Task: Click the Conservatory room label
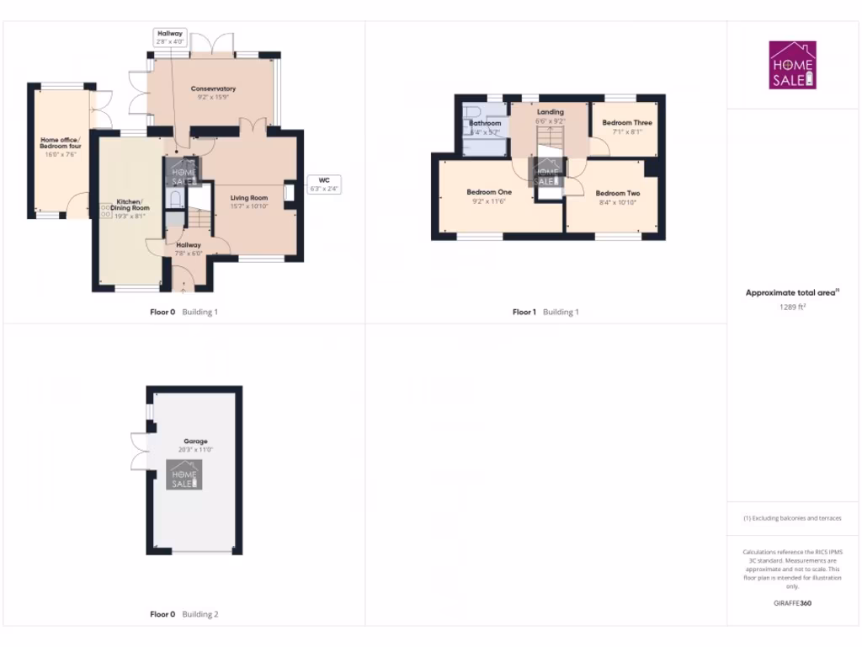point(213,88)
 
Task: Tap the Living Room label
point(249,198)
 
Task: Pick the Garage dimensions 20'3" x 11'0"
point(196,450)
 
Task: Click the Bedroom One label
point(489,192)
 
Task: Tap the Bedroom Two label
point(619,194)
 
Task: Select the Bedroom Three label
point(627,123)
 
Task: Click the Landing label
point(550,112)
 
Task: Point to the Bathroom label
point(485,124)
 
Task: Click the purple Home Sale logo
point(792,65)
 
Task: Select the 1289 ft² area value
point(792,307)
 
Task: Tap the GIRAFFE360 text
point(792,603)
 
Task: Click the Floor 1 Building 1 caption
point(545,313)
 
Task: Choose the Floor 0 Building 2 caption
point(184,615)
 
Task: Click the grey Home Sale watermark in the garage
point(184,475)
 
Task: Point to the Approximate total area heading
point(793,293)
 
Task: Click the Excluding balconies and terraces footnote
point(792,518)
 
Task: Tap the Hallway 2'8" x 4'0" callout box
point(169,37)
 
